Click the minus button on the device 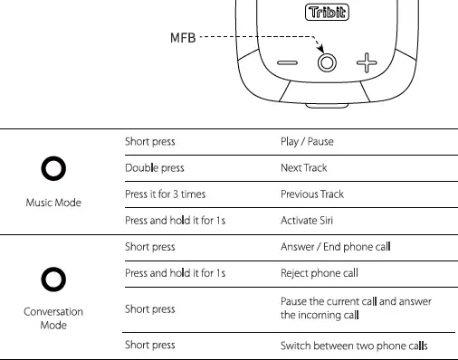tap(287, 63)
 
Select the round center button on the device tap(327, 62)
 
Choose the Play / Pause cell tap(309, 142)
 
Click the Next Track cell tap(304, 168)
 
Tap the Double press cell tap(151, 168)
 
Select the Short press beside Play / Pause tap(149, 142)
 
